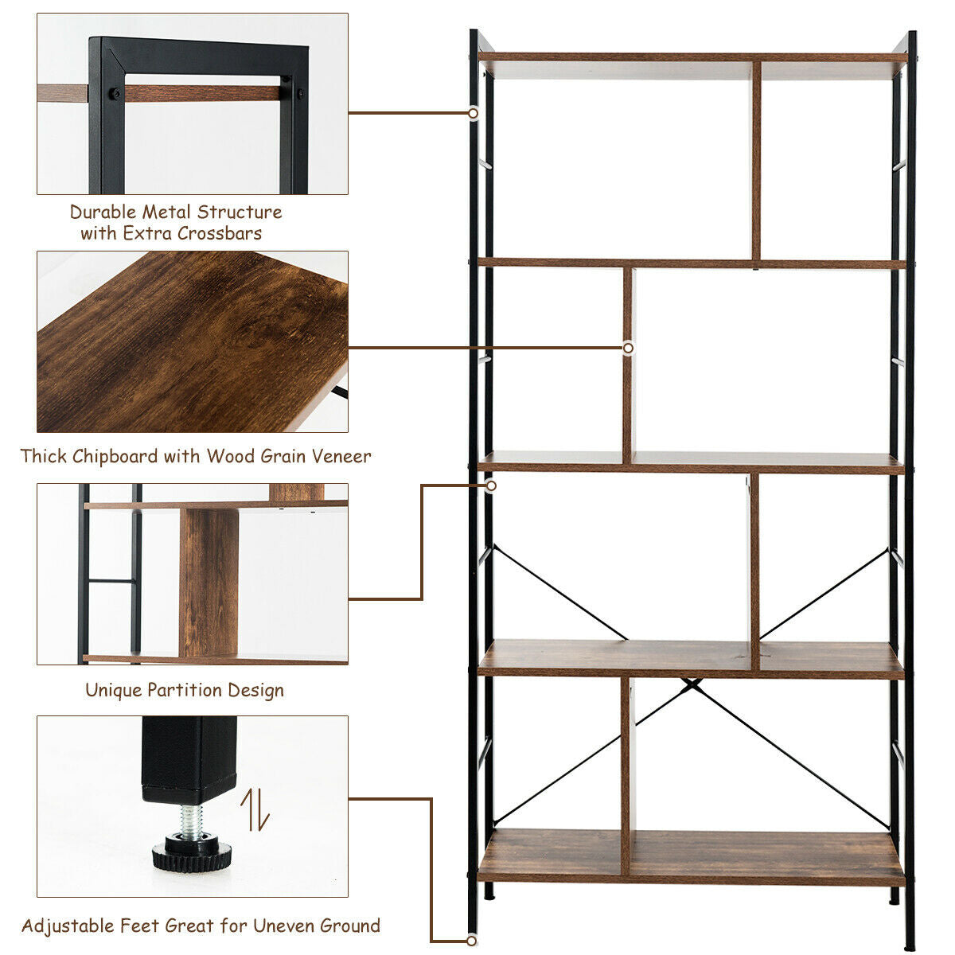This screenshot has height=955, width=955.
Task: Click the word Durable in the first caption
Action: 103,212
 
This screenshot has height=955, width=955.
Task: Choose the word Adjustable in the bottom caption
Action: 68,926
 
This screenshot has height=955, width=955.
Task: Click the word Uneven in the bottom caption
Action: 283,926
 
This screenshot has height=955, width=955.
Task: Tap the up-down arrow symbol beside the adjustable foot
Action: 255,809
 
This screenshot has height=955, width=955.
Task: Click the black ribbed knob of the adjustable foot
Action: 192,855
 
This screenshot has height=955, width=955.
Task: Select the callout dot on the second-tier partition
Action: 628,348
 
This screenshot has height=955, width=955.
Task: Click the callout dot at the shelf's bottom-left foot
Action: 473,941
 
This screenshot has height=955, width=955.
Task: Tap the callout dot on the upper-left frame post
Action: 473,113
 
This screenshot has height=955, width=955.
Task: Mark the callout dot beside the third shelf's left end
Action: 491,485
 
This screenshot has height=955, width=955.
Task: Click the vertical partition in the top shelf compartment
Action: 756,159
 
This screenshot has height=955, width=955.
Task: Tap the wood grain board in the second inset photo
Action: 191,342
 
